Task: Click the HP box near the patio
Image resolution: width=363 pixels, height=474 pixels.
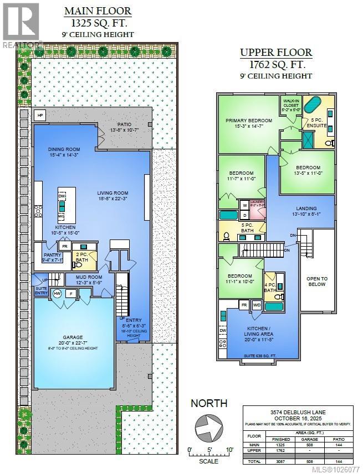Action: click(x=39, y=115)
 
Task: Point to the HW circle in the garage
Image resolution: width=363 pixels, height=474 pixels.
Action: click(x=58, y=293)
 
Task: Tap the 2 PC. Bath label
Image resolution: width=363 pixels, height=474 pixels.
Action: click(x=82, y=256)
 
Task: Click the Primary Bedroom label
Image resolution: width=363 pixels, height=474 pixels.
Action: click(x=248, y=121)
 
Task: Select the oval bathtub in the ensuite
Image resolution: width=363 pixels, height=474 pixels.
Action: click(x=314, y=104)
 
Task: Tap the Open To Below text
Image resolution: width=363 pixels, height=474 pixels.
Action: click(x=318, y=282)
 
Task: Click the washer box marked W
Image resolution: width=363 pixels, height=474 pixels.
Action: click(x=244, y=205)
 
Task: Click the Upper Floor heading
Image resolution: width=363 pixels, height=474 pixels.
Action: click(x=275, y=53)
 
